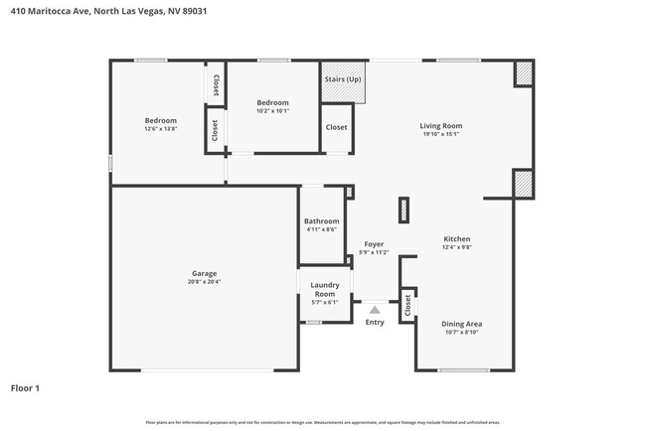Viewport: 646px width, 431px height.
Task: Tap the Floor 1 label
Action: [x=25, y=388]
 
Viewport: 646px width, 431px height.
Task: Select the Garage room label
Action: [x=204, y=273]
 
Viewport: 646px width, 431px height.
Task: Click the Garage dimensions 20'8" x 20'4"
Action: [x=204, y=281]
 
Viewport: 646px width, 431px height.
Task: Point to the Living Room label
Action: [x=440, y=126]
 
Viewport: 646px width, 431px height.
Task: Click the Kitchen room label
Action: [x=456, y=238]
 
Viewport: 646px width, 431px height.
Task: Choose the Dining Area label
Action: [x=461, y=323]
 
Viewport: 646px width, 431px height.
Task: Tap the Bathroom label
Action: [x=321, y=221]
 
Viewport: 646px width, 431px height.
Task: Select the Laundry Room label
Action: [x=325, y=289]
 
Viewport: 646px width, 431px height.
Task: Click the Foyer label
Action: [x=374, y=244]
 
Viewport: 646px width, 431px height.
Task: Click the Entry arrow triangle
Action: [x=375, y=310]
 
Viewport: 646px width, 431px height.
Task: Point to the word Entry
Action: [x=375, y=322]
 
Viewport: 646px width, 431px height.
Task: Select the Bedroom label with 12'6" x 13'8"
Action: [x=160, y=120]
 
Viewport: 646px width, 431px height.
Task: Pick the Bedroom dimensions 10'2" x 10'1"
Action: [x=272, y=110]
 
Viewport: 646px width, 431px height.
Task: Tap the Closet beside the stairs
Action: [x=337, y=127]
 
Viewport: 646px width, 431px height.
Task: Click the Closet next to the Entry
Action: [x=406, y=307]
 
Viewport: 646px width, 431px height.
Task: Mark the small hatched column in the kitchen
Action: [x=404, y=209]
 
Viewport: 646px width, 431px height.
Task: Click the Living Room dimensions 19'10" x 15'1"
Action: [x=440, y=134]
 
